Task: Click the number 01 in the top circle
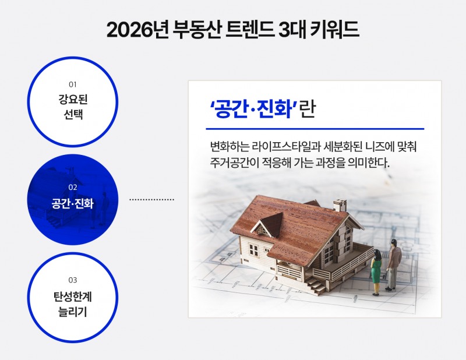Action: coord(73,84)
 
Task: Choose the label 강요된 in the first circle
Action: coord(73,99)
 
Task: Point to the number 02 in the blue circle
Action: coord(73,188)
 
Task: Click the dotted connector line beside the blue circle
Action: coord(151,199)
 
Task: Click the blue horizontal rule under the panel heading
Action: coord(315,129)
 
